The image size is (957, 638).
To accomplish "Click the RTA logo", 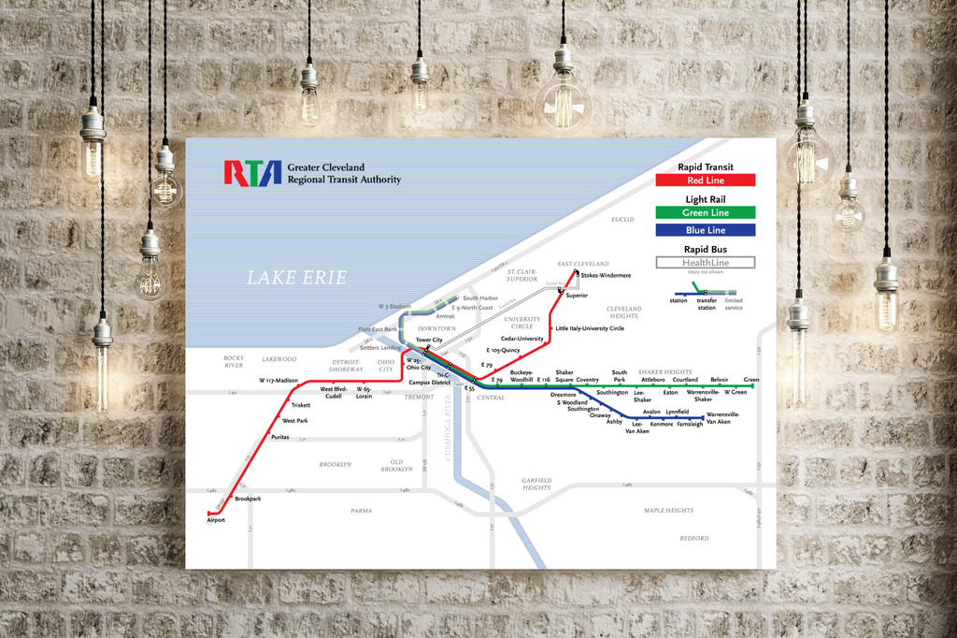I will click(x=252, y=173).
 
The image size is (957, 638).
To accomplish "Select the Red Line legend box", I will click(x=707, y=181).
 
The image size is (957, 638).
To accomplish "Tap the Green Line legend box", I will click(x=707, y=212).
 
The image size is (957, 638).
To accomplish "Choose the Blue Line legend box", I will click(x=707, y=230).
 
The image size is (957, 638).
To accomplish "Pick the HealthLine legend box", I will click(x=707, y=263).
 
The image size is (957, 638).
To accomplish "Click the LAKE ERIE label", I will click(x=296, y=278).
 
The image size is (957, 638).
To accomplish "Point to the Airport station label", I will click(x=216, y=520).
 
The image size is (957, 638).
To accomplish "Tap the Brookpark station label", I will click(x=248, y=500).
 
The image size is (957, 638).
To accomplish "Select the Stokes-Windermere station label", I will click(x=606, y=276).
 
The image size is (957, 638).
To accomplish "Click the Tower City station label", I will click(x=429, y=340).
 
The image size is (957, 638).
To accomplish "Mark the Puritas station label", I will click(x=280, y=437).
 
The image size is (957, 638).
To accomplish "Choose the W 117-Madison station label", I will click(x=279, y=381).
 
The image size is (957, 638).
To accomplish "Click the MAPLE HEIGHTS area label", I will click(x=668, y=511).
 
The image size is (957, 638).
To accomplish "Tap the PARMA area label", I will click(x=361, y=511).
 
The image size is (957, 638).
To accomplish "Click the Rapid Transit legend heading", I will click(x=706, y=167).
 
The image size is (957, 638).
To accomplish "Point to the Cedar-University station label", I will click(x=522, y=339).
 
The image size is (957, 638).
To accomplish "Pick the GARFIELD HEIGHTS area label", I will click(x=536, y=484).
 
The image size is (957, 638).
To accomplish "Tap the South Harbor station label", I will click(x=480, y=298).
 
